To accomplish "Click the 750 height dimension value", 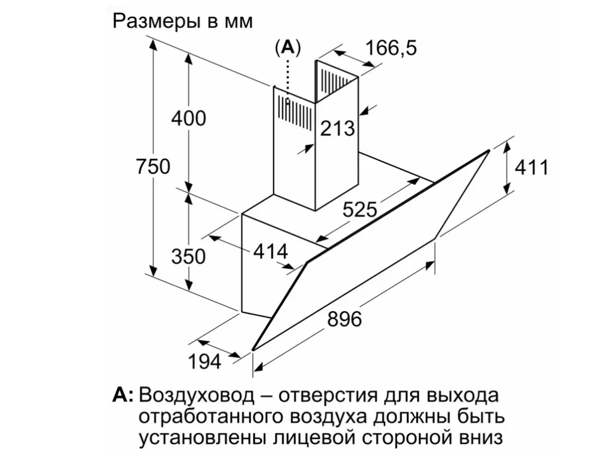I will (153, 167).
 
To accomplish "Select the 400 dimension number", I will (189, 119).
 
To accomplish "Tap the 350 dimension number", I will (188, 256).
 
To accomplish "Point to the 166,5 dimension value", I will (391, 49).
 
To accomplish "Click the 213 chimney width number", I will (338, 128).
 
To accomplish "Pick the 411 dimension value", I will (531, 168).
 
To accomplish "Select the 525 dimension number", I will (360, 210).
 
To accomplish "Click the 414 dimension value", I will (271, 251).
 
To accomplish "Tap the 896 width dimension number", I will (344, 319).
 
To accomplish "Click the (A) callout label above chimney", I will (288, 48).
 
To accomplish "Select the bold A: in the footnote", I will (123, 394).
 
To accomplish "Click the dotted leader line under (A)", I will (288, 79).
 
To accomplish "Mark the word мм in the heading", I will (239, 21).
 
